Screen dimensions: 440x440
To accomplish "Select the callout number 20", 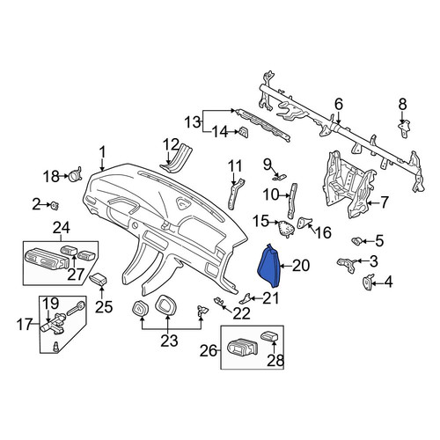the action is tap(301, 266).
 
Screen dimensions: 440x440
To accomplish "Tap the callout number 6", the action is tap(339, 104).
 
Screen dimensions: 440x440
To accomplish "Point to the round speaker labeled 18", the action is tap(75, 175).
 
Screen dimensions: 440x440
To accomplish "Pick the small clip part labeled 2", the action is tap(55, 205).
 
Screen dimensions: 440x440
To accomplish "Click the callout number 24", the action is tap(62, 228).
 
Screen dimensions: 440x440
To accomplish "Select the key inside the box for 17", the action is tap(77, 308).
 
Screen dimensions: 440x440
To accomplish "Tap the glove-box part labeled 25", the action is tap(99, 279).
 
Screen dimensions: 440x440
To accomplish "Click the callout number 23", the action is tap(169, 341).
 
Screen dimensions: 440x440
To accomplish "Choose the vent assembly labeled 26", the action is tap(243, 348).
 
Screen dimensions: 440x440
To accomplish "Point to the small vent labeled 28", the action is tap(269, 335).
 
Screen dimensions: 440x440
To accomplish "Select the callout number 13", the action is tap(193, 122).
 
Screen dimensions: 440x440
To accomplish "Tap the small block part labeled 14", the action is tap(244, 132).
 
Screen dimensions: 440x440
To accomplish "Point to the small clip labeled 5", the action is tap(356, 241).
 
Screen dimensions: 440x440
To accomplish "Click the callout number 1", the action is tap(102, 152).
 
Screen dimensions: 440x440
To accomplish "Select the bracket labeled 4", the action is tap(368, 282).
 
